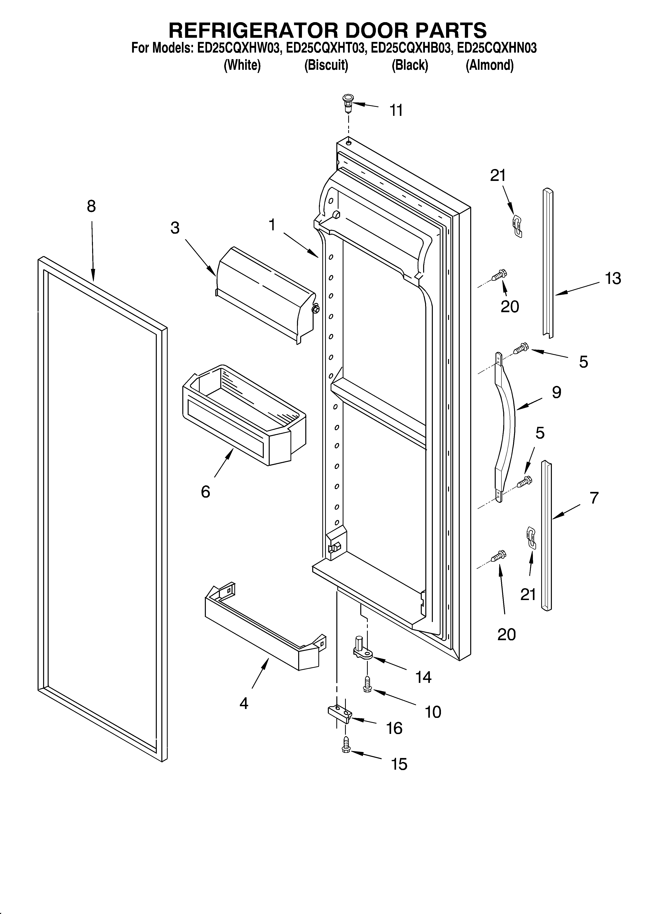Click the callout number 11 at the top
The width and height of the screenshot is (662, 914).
point(396,110)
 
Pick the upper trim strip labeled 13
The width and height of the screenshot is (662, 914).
point(548,262)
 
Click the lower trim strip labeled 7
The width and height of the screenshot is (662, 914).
point(547,536)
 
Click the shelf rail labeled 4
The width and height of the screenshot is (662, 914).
point(262,633)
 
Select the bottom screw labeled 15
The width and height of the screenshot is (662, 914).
point(346,745)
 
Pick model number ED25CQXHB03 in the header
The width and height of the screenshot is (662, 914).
point(410,48)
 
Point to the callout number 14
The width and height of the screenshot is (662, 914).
point(423,677)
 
